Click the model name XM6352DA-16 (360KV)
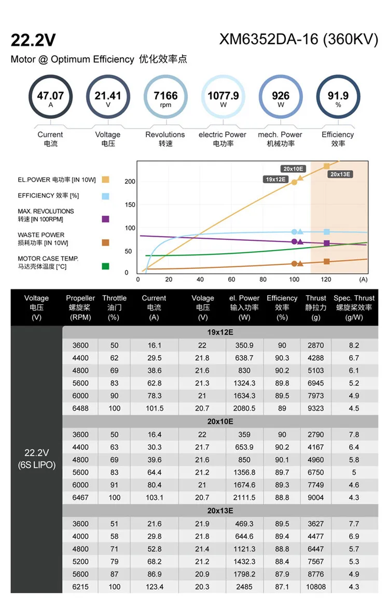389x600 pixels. coord(299,40)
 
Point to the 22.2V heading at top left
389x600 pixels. coord(33,40)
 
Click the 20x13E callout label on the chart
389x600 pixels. coord(341,174)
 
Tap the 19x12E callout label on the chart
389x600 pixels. coord(276,179)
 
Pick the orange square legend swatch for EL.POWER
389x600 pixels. coord(106,180)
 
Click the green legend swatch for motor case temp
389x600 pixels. coord(106,266)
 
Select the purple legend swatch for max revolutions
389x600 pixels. coord(106,219)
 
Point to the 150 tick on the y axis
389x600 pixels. coord(130,204)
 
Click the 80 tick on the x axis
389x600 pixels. coord(263,279)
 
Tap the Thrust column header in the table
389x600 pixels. coord(316,307)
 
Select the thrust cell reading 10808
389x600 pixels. coord(316,587)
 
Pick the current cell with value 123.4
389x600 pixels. coord(154,587)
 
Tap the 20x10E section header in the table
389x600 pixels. coord(220,421)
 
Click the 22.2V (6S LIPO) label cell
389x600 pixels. coord(36,459)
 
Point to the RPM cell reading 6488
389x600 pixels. coord(80,408)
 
